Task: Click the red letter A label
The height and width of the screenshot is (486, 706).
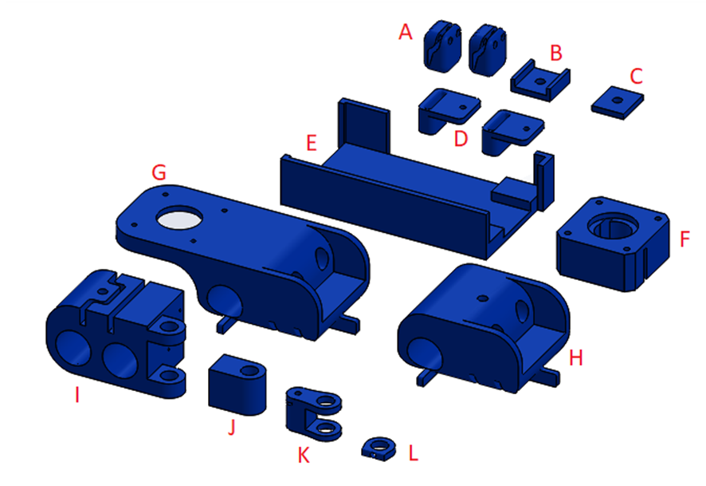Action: click(x=406, y=32)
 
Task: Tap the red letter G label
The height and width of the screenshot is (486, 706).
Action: click(x=159, y=172)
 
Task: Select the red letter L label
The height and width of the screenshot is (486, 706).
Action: click(x=414, y=452)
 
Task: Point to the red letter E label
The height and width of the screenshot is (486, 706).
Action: click(x=311, y=143)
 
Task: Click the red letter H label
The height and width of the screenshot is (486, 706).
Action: click(x=576, y=358)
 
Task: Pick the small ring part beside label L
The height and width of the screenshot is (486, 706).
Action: click(x=378, y=448)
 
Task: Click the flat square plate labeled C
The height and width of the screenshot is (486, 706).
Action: click(x=618, y=103)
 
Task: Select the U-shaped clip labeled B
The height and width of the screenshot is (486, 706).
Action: click(x=540, y=81)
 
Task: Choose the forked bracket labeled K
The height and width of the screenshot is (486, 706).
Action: click(x=314, y=413)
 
